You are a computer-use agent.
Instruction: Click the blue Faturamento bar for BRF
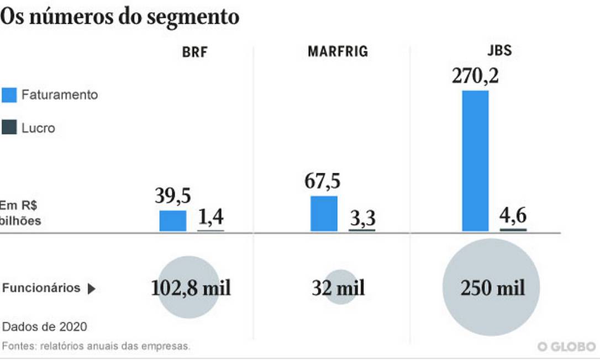[173, 221]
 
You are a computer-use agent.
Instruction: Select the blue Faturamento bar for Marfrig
[324, 214]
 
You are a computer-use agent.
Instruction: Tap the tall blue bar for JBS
[475, 161]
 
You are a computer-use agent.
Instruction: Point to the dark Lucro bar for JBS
[513, 230]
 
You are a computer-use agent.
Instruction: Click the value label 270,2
[475, 75]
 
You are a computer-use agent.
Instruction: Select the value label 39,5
[172, 196]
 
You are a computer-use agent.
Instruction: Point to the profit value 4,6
[513, 216]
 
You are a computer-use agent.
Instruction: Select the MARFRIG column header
[338, 52]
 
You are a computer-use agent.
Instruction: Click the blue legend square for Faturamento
[9, 94]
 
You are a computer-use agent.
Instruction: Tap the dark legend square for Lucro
[9, 128]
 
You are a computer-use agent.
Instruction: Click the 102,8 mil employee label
[191, 288]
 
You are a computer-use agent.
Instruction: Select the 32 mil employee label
[338, 288]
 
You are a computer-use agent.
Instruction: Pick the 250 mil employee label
[492, 288]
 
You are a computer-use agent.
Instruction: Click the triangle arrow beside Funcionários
[92, 289]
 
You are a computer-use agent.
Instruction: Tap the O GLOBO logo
[567, 346]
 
